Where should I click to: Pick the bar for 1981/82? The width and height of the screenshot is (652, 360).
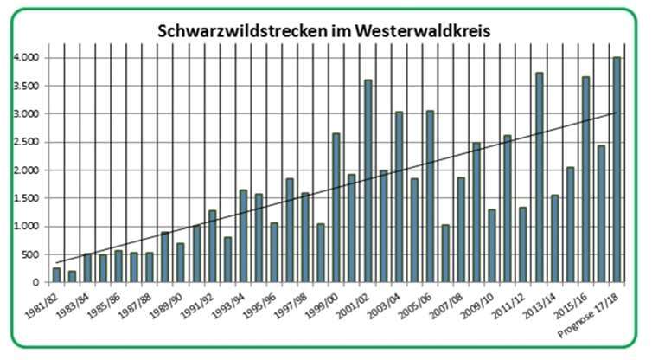point(56,275)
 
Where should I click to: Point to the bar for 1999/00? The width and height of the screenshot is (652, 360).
point(336,208)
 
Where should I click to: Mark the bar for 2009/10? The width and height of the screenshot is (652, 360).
point(492,246)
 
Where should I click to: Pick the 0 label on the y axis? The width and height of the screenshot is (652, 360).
point(35,283)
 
